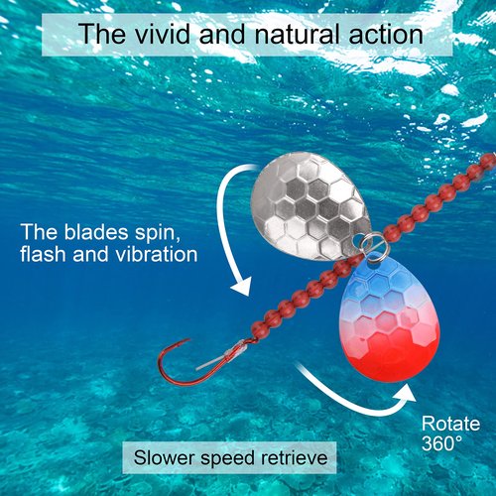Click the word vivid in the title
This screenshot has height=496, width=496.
[163, 34]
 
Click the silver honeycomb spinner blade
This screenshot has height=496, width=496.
[310, 206]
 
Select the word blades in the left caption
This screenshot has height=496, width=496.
[96, 232]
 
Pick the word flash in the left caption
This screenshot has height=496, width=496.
[43, 254]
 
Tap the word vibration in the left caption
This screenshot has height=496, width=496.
[157, 254]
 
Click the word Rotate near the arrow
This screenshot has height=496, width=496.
[450, 424]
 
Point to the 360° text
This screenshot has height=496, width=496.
[441, 443]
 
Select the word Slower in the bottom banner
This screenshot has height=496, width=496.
[164, 458]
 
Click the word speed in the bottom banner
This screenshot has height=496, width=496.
[228, 459]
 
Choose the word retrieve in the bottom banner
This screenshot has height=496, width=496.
[295, 458]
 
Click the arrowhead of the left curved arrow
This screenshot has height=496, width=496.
[241, 286]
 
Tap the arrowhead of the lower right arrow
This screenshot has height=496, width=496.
[406, 393]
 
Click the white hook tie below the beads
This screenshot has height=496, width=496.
[222, 355]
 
